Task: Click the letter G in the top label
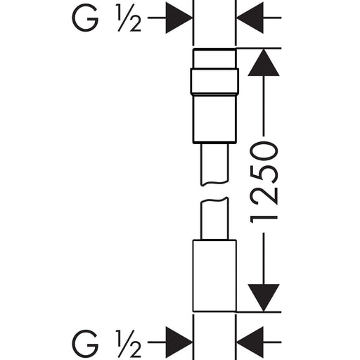point(85,18)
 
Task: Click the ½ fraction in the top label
point(129,18)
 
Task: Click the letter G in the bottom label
point(85,343)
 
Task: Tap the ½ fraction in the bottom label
point(129,343)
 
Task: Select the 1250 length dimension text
point(264,182)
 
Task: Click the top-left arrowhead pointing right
point(179,18)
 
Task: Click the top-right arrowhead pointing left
point(250,18)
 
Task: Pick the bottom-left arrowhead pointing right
point(179,342)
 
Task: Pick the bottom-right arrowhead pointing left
point(250,342)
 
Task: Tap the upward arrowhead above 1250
point(264,63)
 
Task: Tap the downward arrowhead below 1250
point(264,298)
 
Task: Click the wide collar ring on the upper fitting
point(214,81)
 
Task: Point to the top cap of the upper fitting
point(214,58)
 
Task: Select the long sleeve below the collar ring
point(214,118)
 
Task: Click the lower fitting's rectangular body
point(214,276)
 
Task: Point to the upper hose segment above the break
point(214,164)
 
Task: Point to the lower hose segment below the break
point(214,219)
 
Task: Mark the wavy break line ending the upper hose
point(214,183)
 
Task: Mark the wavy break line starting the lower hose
point(214,200)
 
